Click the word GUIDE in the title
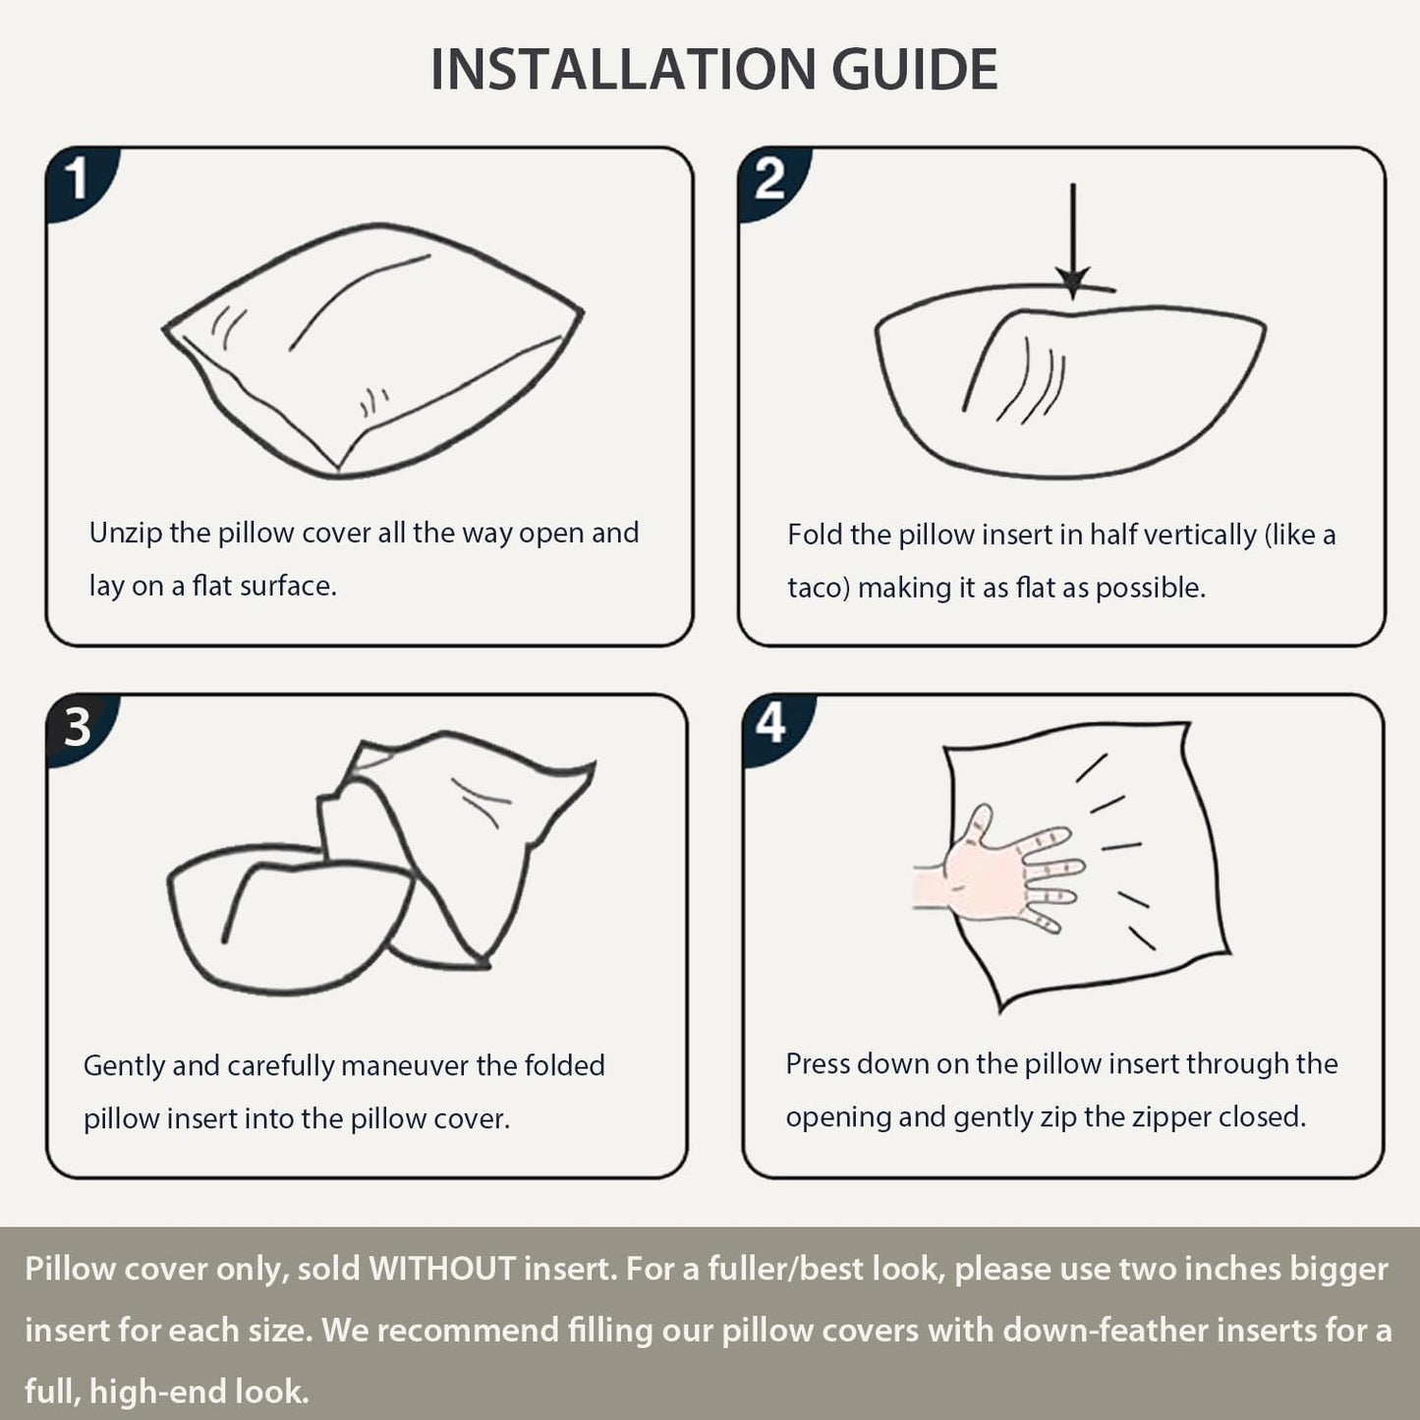[x=915, y=69]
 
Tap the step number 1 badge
[x=79, y=181]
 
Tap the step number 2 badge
[x=770, y=181]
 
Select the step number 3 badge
[x=79, y=728]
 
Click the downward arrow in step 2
[x=1073, y=242]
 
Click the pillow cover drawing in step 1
[x=372, y=351]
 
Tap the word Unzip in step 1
[x=125, y=534]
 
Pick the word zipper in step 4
[x=1171, y=1117]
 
